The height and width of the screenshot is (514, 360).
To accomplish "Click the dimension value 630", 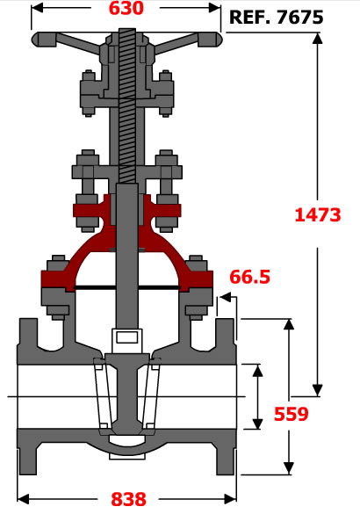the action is coord(126,8).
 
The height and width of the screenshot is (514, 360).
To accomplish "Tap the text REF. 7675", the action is coord(276,18).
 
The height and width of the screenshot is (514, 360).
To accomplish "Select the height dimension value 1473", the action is coord(318,215).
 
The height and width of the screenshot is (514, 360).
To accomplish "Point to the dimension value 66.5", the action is coord(250,277).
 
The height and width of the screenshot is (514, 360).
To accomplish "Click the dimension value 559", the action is coord(292,414).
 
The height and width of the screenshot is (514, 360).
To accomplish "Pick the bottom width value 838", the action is coord(128,499).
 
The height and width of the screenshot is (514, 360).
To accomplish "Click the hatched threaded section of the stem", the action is coord(127,105).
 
